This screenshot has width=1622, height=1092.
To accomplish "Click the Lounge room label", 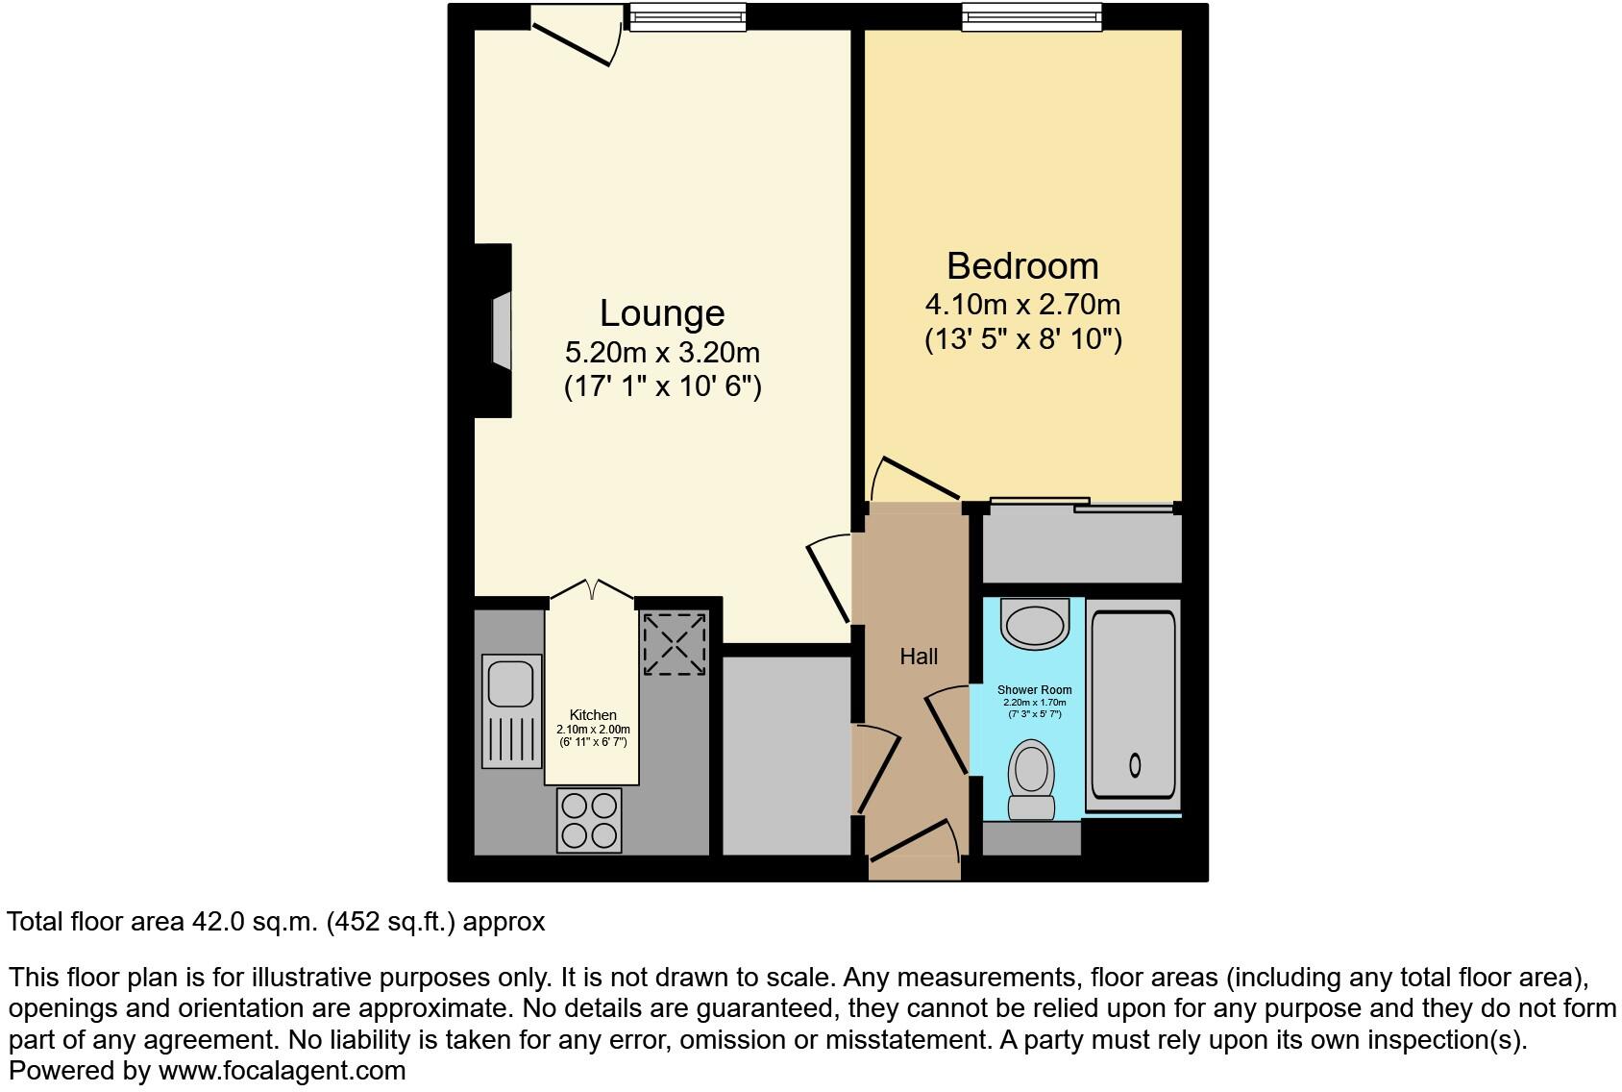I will click(x=662, y=313).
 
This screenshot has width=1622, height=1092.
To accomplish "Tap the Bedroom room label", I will click(x=1022, y=266).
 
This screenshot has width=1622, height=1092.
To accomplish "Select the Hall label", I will click(x=919, y=657).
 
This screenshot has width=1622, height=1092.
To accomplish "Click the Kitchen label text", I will click(x=593, y=715).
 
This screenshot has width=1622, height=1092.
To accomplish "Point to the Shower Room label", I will click(x=1034, y=690).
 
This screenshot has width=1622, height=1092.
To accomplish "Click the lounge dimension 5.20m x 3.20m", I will click(x=662, y=352).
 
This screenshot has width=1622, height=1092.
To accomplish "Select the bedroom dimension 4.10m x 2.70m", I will click(x=1022, y=305).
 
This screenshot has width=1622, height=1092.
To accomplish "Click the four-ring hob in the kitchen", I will click(x=589, y=820).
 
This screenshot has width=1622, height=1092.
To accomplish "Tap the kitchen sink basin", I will click(x=510, y=683).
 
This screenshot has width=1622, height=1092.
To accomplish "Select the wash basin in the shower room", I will click(x=1034, y=623).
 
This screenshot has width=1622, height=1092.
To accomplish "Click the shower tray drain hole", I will click(x=1135, y=765).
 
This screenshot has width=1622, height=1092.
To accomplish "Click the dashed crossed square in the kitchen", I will click(x=675, y=644).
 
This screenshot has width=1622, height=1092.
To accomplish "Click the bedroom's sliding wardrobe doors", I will click(x=1082, y=504).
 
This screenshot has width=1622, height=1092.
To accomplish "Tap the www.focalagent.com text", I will click(x=282, y=1070).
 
